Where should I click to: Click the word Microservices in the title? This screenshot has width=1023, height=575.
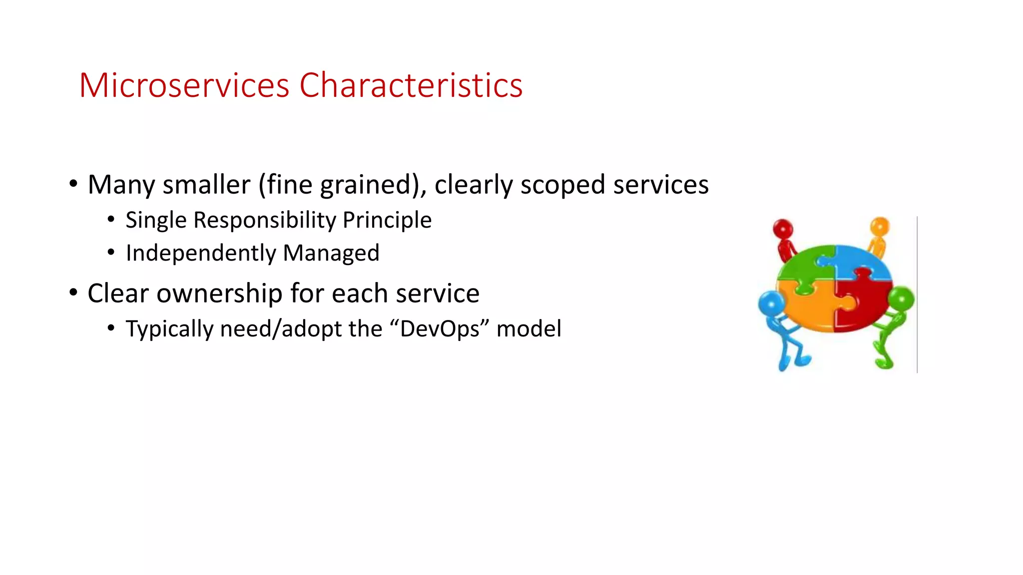(x=184, y=85)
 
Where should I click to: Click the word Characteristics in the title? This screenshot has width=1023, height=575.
(x=411, y=85)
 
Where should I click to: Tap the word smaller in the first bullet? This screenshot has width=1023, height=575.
(x=206, y=185)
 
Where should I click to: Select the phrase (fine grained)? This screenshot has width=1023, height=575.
(x=342, y=185)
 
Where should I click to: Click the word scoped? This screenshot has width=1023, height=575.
(x=562, y=185)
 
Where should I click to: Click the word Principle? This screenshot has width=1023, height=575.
(x=387, y=220)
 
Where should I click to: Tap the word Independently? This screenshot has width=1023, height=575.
(x=201, y=253)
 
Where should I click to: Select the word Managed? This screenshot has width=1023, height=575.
(x=331, y=253)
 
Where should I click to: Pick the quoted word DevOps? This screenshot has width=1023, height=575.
(x=440, y=329)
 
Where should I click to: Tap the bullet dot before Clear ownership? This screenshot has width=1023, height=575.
(x=73, y=292)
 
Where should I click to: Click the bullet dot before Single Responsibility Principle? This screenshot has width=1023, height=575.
(x=111, y=219)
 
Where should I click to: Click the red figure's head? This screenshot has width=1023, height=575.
(x=783, y=229)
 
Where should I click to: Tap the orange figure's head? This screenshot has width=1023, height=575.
(x=880, y=226)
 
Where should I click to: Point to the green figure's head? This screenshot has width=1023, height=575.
(x=902, y=299)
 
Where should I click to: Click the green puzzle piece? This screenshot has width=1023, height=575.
(x=804, y=267)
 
